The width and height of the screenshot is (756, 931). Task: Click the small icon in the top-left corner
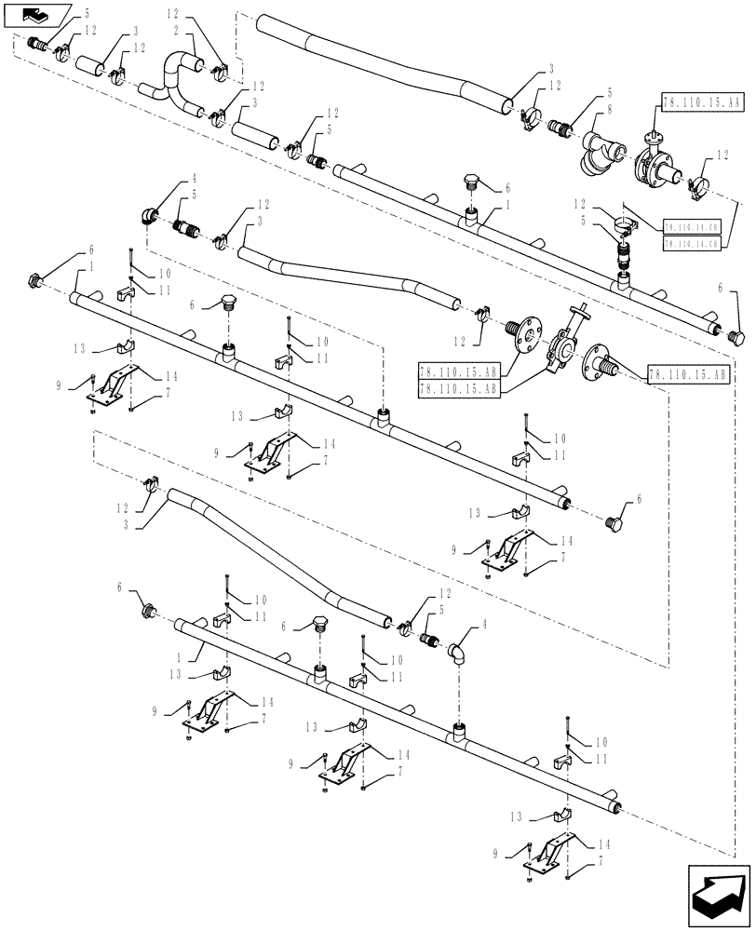point(35,15)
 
